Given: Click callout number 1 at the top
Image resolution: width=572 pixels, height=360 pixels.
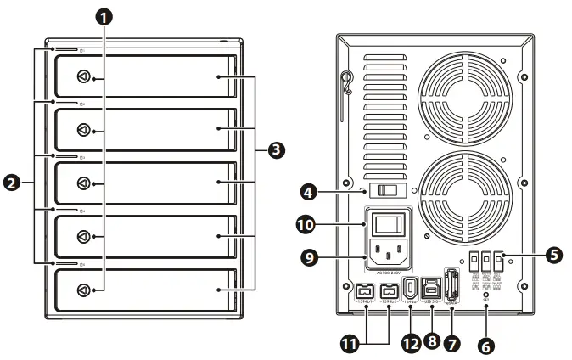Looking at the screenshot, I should [103, 16].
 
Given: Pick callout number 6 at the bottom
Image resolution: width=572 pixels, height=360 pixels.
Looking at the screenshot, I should [486, 346].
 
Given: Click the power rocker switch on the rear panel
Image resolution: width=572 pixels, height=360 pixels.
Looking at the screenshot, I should [390, 224].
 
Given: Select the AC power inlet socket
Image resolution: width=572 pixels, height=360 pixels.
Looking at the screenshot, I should [390, 251].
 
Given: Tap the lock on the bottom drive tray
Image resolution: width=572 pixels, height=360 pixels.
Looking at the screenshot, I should [83, 290].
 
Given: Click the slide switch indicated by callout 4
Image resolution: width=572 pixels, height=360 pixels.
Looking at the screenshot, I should [388, 191].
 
